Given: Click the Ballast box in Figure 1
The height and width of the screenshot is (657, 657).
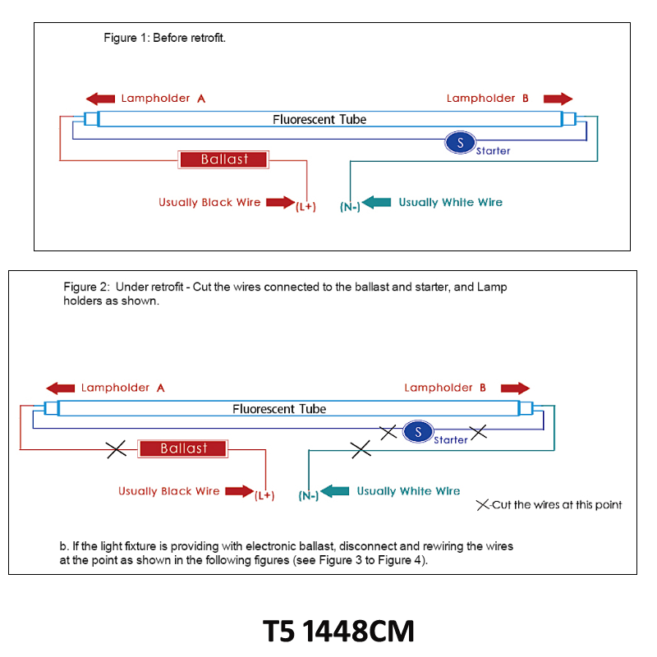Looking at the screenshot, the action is [223, 159].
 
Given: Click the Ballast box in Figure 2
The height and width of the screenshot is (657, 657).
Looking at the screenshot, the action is [183, 448].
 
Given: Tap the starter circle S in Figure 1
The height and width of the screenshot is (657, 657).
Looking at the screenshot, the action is [460, 142].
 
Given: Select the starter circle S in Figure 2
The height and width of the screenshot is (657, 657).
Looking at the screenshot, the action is [418, 432].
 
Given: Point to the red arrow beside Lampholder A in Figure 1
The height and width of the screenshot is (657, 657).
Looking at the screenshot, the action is [100, 99].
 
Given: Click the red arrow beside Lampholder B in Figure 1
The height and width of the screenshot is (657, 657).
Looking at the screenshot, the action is [558, 99].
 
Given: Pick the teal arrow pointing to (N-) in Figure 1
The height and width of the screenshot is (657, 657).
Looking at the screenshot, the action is [376, 202].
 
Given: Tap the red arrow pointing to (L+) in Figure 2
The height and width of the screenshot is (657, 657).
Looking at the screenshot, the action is [240, 491].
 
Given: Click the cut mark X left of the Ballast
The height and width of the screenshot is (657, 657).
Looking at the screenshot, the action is [116, 449].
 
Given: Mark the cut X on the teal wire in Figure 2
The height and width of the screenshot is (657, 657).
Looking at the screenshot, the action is [361, 449].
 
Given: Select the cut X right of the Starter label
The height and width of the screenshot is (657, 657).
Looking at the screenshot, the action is [478, 433].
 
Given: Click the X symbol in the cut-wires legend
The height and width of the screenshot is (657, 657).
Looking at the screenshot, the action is [483, 505].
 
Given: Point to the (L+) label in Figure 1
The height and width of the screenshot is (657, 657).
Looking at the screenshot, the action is [306, 207].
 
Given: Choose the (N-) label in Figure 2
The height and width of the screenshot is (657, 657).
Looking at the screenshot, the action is [309, 496].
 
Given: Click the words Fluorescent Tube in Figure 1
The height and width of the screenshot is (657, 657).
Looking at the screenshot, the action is [319, 119].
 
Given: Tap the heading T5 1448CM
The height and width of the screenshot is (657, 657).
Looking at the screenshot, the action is [338, 631].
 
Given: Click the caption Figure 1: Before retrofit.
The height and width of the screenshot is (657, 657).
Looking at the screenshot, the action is [165, 38].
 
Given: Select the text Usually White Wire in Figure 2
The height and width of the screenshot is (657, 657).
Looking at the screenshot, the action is [408, 491].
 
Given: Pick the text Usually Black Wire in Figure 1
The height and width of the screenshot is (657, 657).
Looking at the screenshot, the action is [209, 202].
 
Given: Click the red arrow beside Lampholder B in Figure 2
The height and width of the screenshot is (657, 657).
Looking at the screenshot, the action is [516, 388].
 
